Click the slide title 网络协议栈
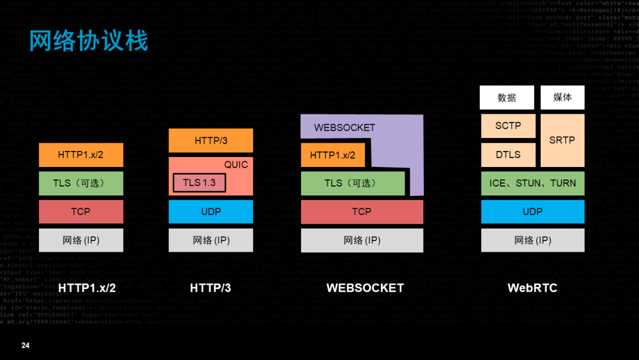coord(89,41)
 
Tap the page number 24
coord(25,345)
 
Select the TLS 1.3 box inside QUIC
coord(199,183)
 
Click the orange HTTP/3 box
coord(211,141)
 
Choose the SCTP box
coord(508,126)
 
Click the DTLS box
coord(508,155)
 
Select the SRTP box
coord(562,140)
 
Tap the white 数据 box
coord(507,98)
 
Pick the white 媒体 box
coord(562,98)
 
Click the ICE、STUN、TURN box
coord(532,184)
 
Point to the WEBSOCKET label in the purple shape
coord(344,127)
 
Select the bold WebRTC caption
coord(532,288)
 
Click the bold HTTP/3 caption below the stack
coord(211,288)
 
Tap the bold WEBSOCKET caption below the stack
coord(365,288)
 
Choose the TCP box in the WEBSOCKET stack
coord(362,212)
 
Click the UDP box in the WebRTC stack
coord(532,212)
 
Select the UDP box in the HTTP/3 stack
coord(211,212)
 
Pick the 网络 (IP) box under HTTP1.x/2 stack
coord(81,240)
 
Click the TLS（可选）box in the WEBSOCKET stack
coord(353,184)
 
